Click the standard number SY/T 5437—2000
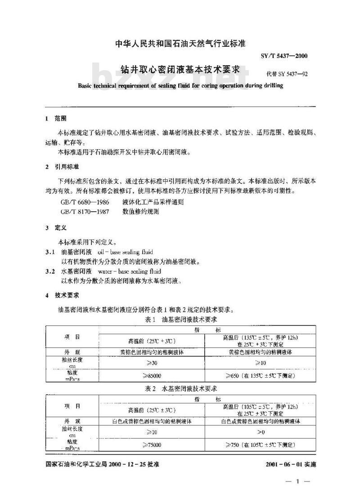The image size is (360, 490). point(284,56)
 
